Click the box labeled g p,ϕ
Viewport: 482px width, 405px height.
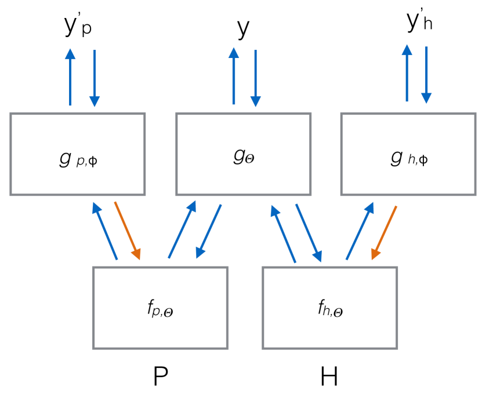(77, 154)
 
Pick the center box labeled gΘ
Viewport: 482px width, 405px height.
(243, 154)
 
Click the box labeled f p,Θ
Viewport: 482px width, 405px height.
(160, 308)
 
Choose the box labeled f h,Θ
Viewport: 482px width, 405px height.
(329, 308)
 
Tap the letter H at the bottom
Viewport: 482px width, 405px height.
(329, 377)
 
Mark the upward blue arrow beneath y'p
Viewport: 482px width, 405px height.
(70, 76)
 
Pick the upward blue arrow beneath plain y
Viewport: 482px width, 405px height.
(234, 76)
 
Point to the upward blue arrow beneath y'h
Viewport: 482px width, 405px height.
(407, 74)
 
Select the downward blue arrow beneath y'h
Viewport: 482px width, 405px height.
(427, 74)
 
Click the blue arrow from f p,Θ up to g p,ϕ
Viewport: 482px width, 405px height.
(106, 230)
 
